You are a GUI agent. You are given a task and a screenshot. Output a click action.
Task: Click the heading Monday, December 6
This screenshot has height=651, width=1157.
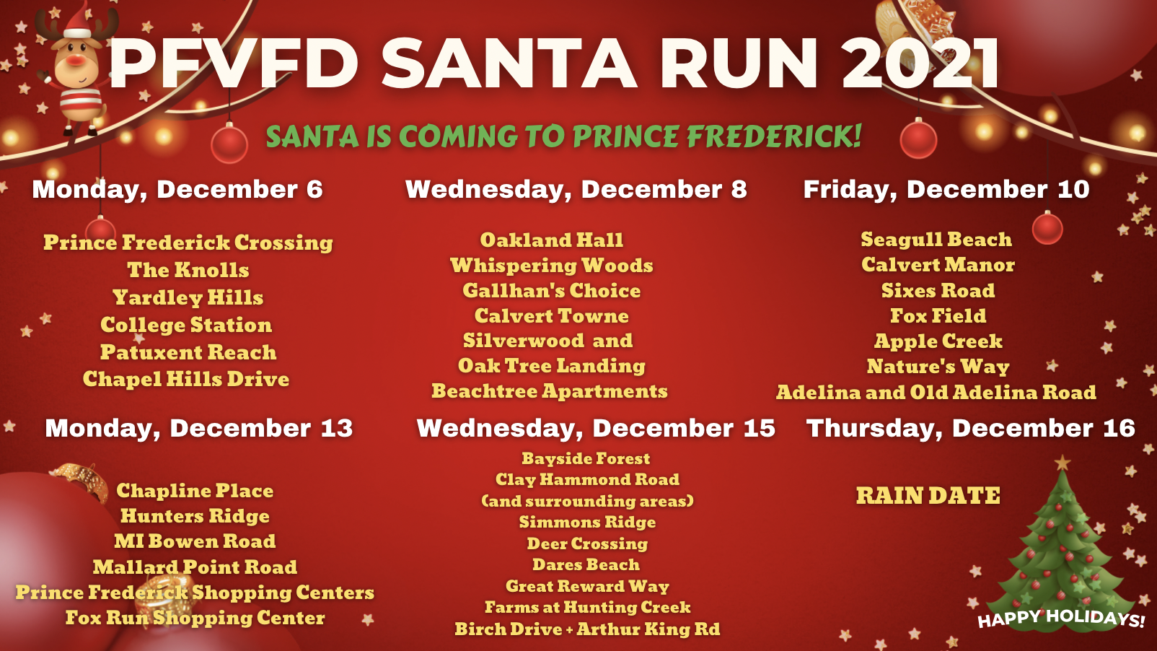click(x=177, y=190)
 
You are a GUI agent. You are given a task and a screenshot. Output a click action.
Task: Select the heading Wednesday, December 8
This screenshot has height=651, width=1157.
click(x=576, y=190)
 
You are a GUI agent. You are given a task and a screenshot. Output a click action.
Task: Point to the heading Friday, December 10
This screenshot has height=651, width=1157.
click(x=946, y=190)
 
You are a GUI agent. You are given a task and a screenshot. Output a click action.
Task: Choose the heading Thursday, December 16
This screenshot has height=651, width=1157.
click(x=970, y=428)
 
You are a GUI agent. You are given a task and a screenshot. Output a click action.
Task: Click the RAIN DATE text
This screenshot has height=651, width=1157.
click(x=928, y=496)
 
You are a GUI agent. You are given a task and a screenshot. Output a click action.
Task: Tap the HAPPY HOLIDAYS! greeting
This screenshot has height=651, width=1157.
click(x=1062, y=618)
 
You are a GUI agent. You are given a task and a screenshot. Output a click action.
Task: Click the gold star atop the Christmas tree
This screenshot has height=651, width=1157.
click(x=1062, y=462)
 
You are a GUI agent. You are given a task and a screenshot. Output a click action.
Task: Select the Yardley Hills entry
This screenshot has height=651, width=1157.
click(x=188, y=298)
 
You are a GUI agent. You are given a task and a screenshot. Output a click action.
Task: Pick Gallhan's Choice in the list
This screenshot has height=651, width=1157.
click(x=552, y=291)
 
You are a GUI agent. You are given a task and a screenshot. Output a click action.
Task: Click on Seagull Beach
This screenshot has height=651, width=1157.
click(x=936, y=240)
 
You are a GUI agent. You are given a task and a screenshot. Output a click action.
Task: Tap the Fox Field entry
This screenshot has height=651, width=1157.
click(x=938, y=315)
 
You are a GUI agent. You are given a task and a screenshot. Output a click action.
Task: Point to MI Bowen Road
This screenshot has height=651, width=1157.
click(x=195, y=541)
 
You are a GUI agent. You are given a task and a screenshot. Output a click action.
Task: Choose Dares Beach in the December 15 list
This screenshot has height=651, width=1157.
click(x=586, y=564)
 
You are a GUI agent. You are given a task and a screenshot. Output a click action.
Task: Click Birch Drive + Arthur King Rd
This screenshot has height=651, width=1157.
click(x=587, y=629)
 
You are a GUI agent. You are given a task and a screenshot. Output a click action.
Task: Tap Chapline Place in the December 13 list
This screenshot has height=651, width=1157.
click(x=195, y=491)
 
